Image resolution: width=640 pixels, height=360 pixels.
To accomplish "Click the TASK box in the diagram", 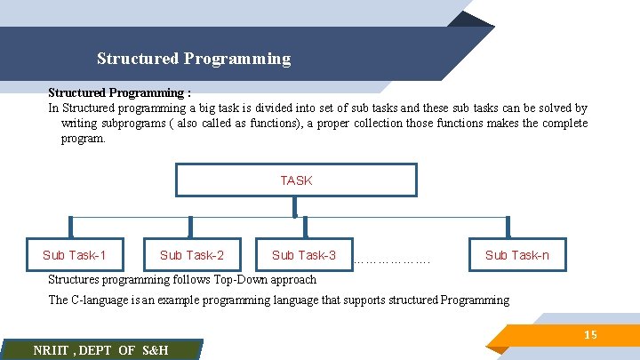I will [x=296, y=180].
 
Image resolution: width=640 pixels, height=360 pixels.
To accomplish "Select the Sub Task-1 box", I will [x=75, y=255].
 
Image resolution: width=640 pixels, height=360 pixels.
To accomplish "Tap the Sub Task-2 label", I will [x=192, y=255].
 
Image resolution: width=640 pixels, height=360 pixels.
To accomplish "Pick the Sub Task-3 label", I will [x=304, y=255].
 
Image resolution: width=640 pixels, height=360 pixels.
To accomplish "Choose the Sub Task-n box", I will [x=516, y=255].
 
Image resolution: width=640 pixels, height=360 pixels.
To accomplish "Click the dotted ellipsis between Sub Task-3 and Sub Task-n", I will [x=392, y=261].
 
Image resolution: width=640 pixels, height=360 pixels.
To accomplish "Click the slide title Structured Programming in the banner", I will [x=194, y=59].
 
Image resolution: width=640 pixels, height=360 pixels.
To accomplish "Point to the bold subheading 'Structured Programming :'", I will [x=119, y=92].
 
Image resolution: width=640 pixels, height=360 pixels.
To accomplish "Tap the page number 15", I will [x=590, y=334].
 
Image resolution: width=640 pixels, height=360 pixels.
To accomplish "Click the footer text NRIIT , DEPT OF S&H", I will [x=100, y=350].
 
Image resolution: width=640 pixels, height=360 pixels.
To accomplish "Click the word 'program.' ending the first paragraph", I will [x=83, y=139].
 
